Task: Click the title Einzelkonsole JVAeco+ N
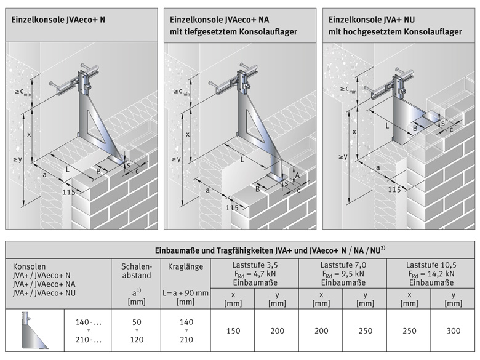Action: click(58, 20)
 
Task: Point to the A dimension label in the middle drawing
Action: click(298, 175)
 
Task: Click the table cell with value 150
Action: click(232, 331)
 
